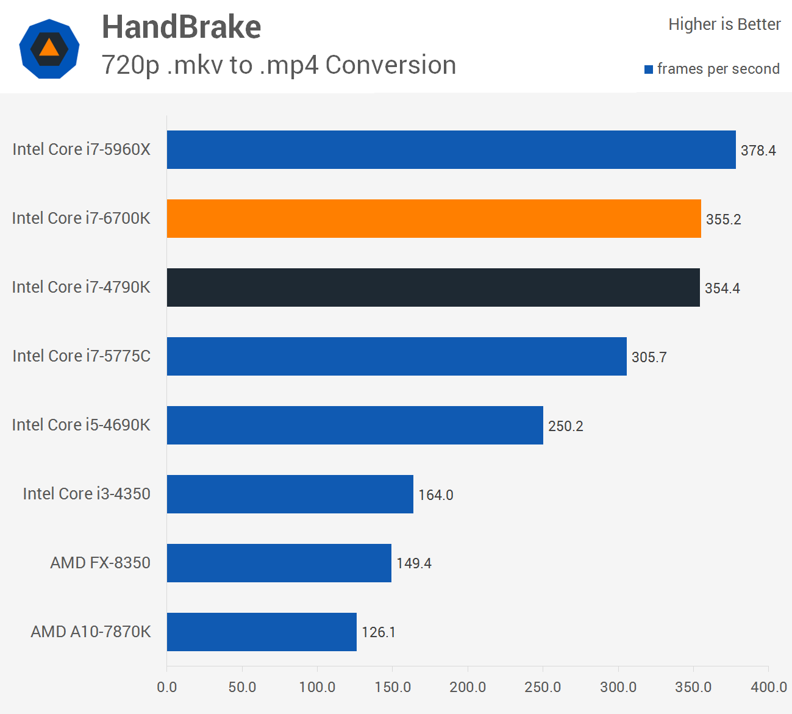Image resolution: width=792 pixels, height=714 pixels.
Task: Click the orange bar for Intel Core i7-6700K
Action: point(433,218)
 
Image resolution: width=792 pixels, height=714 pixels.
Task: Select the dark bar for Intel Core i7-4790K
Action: point(433,287)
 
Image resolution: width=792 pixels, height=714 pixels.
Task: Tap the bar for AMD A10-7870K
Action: point(262,632)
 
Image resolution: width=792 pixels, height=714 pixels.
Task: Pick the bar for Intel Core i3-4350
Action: point(290,494)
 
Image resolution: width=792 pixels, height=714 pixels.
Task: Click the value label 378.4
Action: point(758,151)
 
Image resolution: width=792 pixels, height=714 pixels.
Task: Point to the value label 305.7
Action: point(649,357)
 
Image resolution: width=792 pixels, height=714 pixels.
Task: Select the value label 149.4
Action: point(413,563)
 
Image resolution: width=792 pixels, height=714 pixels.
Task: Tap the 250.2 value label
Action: point(565,426)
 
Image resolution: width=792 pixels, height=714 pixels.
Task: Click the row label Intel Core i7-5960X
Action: point(81,149)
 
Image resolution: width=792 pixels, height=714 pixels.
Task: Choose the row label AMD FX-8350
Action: point(100,563)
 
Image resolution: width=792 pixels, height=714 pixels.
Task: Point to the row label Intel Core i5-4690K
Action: point(81,425)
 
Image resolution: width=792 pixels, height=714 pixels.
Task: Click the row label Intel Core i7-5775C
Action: point(81,356)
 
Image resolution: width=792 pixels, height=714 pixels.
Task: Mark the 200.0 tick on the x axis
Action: point(468,687)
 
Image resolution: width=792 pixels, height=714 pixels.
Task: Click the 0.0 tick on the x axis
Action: point(166,687)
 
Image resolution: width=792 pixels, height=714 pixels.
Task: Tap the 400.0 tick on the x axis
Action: point(768,687)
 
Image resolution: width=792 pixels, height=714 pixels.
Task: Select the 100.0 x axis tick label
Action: point(317,687)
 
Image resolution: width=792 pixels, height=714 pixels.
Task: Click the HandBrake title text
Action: point(181,27)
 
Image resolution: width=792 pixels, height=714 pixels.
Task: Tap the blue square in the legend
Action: point(649,70)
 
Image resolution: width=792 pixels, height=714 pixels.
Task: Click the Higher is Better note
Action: point(724,24)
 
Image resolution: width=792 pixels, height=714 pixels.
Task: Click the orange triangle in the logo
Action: point(49,48)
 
